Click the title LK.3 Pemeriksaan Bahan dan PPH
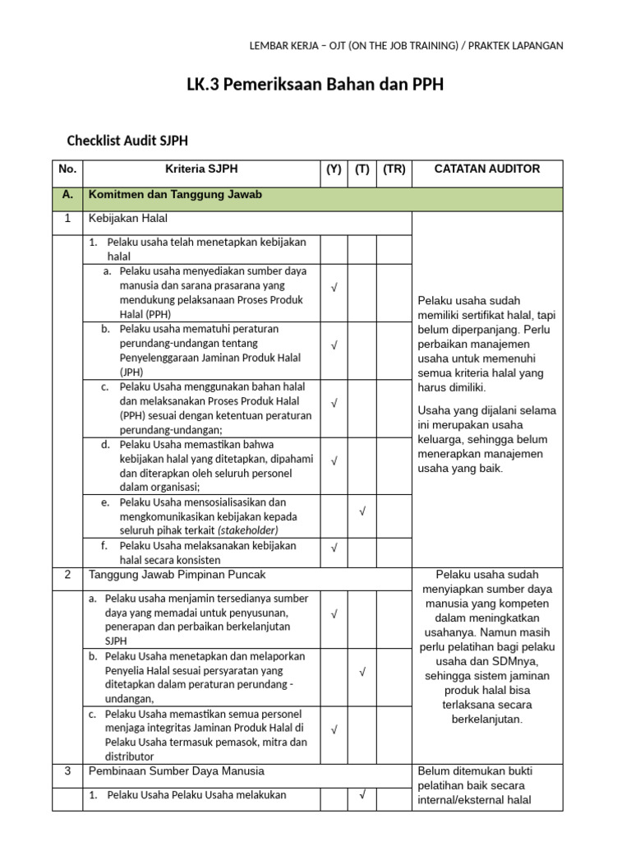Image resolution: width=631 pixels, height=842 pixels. [x=315, y=85]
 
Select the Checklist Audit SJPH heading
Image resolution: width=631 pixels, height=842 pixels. [x=127, y=141]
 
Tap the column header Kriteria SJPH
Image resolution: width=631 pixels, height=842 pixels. [x=201, y=169]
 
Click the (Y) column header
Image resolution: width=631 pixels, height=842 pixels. [x=334, y=169]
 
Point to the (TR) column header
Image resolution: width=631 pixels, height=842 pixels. [x=394, y=169]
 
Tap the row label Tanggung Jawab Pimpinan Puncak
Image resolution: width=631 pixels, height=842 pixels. [x=177, y=574]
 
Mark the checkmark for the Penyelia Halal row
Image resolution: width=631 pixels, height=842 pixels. [x=362, y=672]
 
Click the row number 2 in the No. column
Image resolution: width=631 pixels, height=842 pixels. [x=67, y=574]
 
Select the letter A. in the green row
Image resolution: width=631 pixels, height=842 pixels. [x=67, y=195]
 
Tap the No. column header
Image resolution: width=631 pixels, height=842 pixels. [x=67, y=169]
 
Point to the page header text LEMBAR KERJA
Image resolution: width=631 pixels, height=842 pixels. [x=288, y=46]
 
